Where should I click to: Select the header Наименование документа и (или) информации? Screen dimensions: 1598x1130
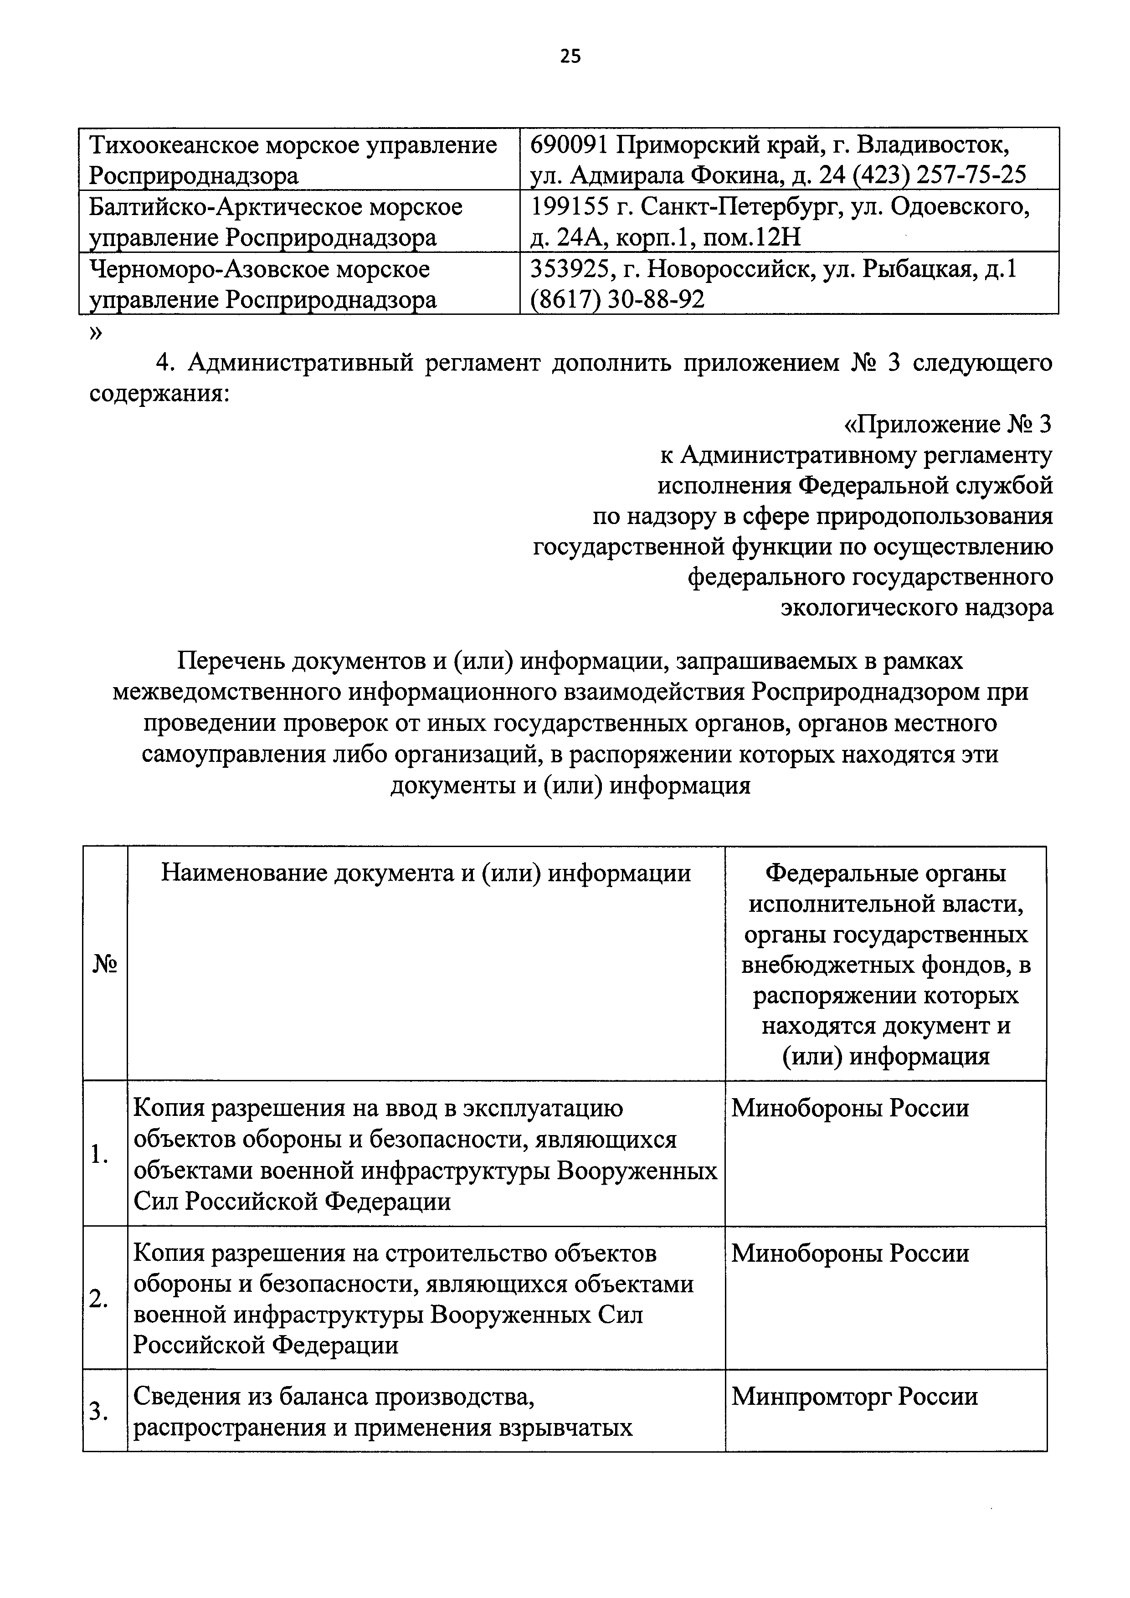(426, 873)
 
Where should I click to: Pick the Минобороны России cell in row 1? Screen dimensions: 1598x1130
(850, 1107)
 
